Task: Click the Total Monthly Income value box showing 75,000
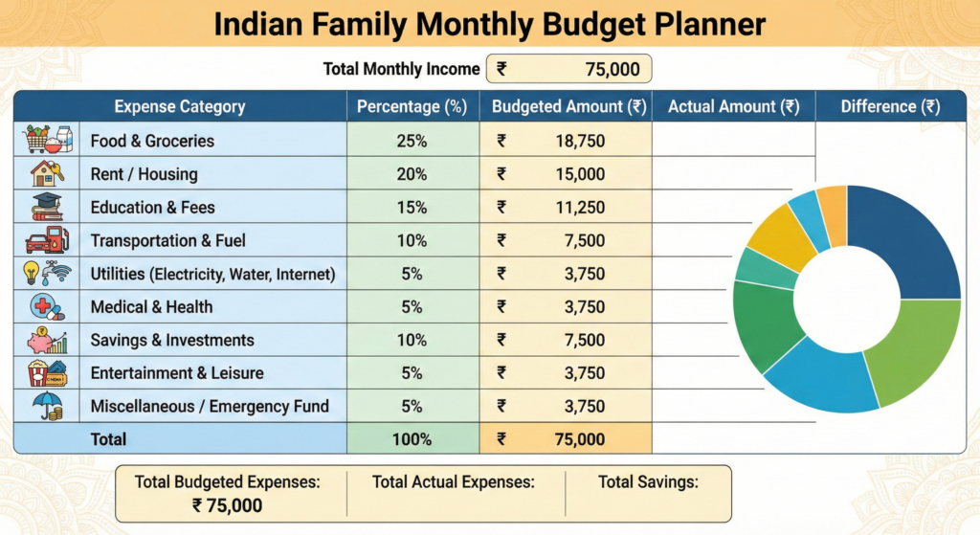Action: click(569, 69)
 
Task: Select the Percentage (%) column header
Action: click(412, 106)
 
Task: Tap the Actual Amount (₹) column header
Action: click(733, 106)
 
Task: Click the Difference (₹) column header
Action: click(890, 106)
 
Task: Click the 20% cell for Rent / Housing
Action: click(412, 174)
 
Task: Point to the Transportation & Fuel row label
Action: click(167, 240)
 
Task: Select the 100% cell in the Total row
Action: click(412, 439)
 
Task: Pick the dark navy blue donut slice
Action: click(909, 239)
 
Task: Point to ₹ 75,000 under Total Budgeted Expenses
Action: click(227, 506)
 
